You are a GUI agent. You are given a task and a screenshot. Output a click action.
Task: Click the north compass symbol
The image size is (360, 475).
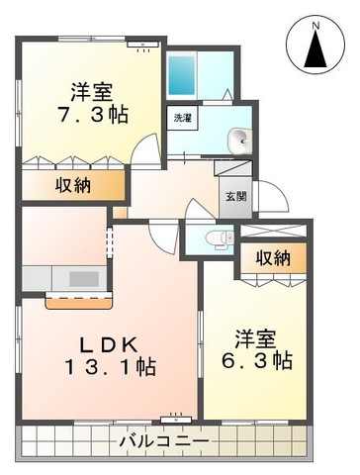(316, 45)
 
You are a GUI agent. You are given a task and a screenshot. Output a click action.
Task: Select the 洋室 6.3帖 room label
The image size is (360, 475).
(255, 347)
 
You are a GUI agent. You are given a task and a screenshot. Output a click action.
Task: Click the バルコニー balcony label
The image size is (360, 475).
(163, 438)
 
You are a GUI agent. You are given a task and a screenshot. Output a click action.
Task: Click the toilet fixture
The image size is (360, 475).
(219, 237)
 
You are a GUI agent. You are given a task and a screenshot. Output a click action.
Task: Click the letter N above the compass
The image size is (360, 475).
(316, 20)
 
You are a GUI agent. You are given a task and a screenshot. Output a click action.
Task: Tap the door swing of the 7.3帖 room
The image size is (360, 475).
(145, 149)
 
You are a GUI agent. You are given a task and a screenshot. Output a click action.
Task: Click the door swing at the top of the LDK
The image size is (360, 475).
(160, 237)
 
